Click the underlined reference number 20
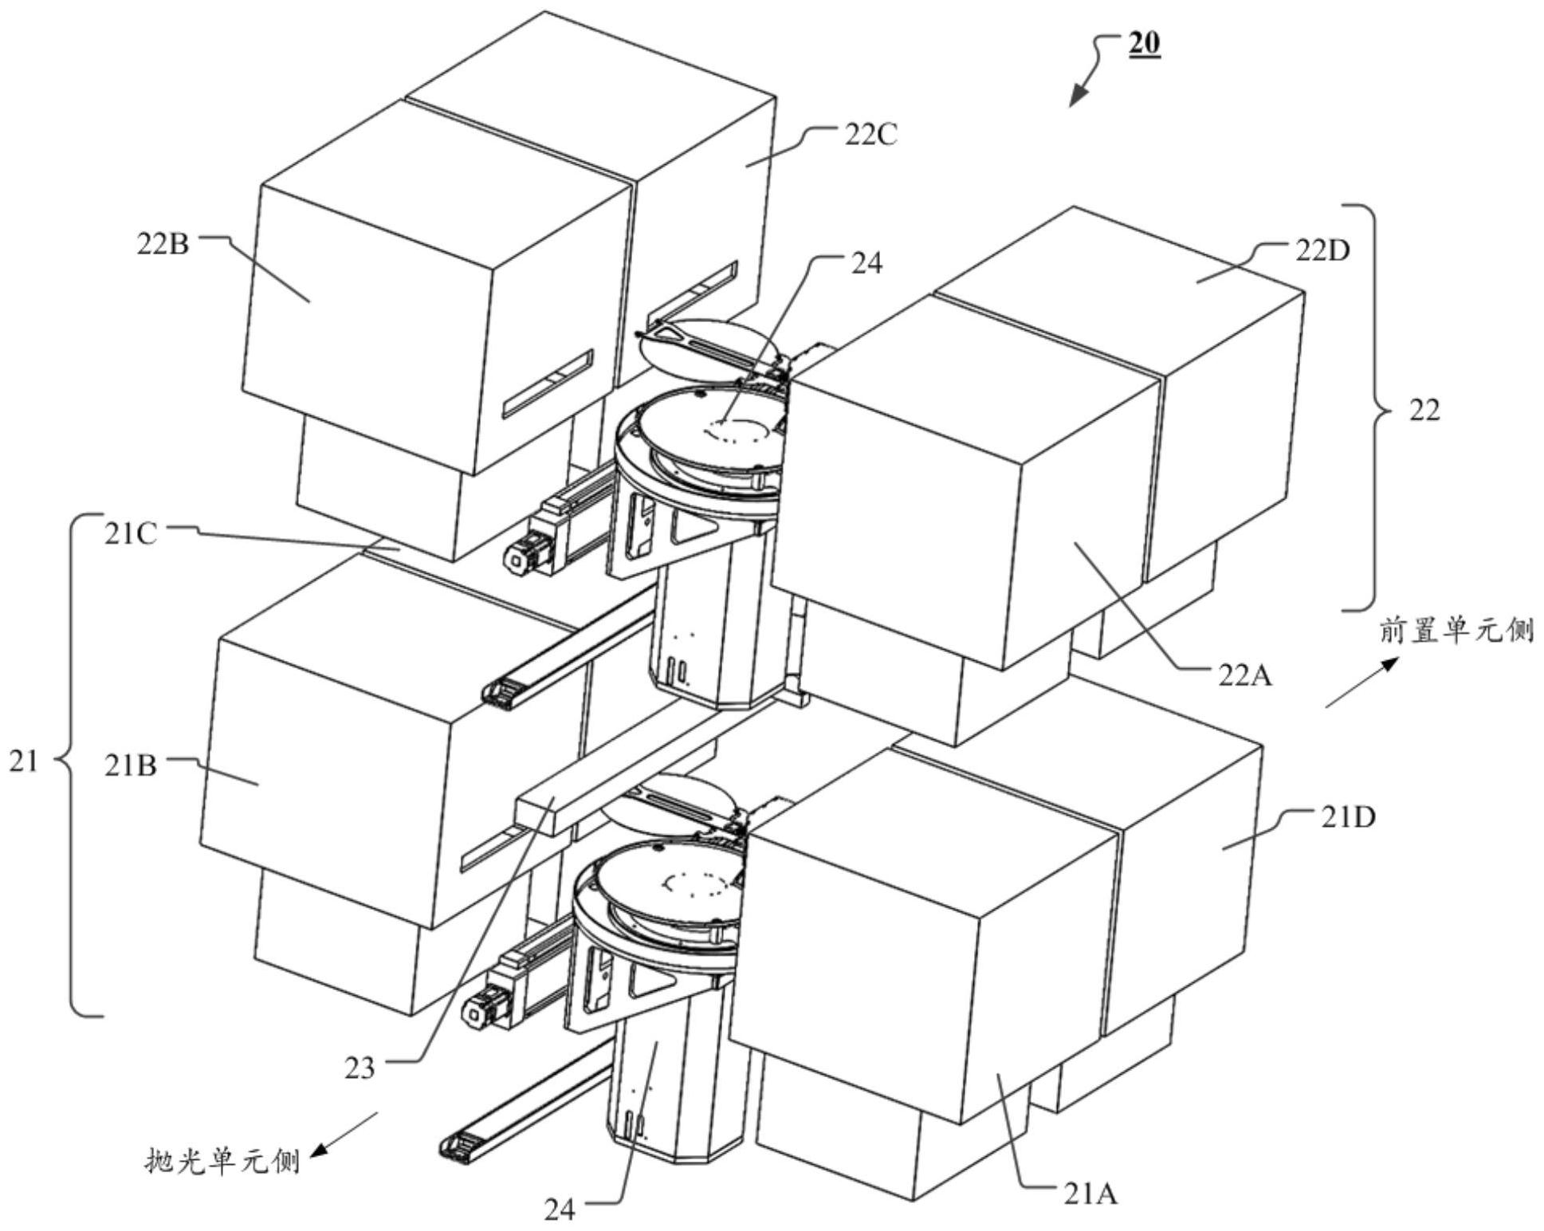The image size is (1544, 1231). pyautogui.click(x=1143, y=45)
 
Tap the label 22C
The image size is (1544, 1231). pyautogui.click(x=870, y=136)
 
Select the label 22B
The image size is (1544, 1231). pyautogui.click(x=163, y=244)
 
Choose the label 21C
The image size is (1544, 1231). pyautogui.click(x=131, y=533)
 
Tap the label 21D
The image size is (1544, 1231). pyautogui.click(x=1348, y=817)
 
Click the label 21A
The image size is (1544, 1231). pyautogui.click(x=1090, y=1194)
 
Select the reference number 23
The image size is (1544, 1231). pyautogui.click(x=359, y=1068)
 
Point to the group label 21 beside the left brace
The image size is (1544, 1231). pyautogui.click(x=23, y=761)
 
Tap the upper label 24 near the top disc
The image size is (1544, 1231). pyautogui.click(x=867, y=264)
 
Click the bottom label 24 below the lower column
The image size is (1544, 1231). pyautogui.click(x=559, y=1210)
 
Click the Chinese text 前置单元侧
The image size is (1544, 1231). pyautogui.click(x=1456, y=631)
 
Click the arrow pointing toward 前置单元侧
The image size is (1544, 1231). pyautogui.click(x=1362, y=682)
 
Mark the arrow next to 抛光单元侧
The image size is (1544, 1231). pyautogui.click(x=344, y=1133)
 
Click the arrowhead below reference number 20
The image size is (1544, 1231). pyautogui.click(x=1077, y=96)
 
